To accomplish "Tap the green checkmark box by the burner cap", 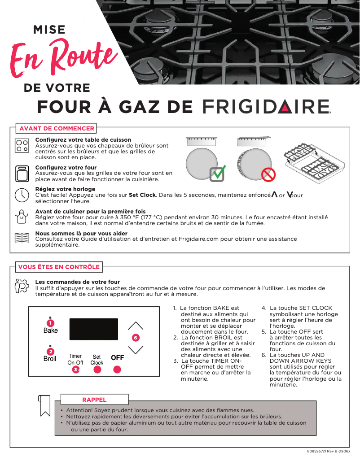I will (217, 173).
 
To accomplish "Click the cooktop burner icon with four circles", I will (22, 146).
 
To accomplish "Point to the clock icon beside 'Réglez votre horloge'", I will (22, 195).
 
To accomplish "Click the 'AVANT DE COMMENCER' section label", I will (56, 128).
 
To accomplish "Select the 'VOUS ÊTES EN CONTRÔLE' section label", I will (59, 267).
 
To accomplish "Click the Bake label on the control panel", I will (50, 330).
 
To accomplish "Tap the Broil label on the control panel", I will (50, 359).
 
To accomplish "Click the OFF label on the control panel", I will (117, 358).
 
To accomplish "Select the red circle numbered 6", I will (135, 337).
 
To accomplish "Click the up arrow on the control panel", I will (135, 326).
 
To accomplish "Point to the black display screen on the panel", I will (93, 330).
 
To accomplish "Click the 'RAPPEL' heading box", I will (94, 399).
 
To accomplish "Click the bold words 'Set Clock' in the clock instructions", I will (142, 195).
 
